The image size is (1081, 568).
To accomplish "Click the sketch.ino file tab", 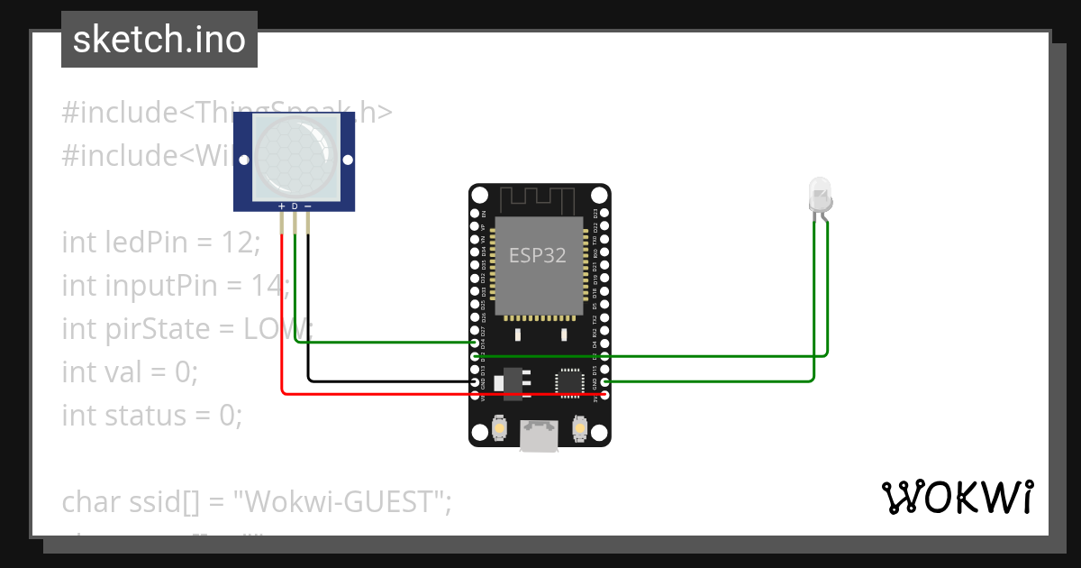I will tap(159, 40).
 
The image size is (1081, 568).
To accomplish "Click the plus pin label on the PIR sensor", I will tap(282, 206).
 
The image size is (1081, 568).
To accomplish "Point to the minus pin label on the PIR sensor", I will tap(308, 206).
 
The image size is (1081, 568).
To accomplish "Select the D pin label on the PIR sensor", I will tap(295, 206).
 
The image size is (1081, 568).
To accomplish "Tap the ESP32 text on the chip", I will tap(538, 255).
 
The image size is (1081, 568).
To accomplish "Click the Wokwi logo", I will tap(957, 497).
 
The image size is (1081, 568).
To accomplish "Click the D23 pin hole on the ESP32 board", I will tap(604, 214).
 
